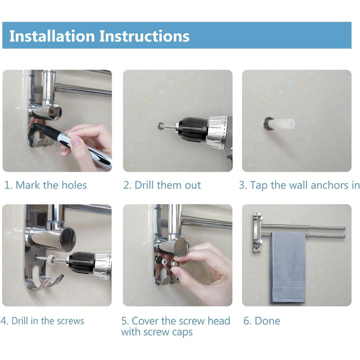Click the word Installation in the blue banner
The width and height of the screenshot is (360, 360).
coord(52,37)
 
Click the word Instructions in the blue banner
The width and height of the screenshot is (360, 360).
coord(145,37)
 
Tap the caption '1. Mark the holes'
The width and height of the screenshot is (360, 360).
coord(45,185)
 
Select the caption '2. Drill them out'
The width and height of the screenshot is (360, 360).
coord(162,185)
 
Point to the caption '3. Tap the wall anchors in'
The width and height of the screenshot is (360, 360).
coord(299,185)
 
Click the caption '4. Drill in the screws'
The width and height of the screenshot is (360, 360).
coord(42,321)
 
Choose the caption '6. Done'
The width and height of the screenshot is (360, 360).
coord(262,321)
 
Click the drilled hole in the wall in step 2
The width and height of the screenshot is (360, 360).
coord(160,125)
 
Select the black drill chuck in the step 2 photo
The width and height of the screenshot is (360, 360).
coord(192,130)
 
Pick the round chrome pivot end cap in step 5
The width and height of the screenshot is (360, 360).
coord(182,247)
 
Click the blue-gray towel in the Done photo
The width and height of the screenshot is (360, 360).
coord(288,267)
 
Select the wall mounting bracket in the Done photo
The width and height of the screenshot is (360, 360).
coord(257,232)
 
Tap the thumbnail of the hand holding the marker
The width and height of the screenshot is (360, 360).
coord(57,121)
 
